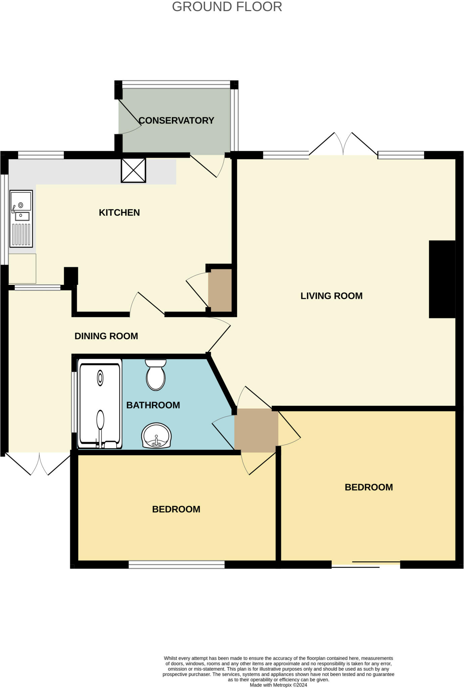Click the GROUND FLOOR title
227,7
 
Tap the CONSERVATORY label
176,121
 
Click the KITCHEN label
119,213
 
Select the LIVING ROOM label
331,296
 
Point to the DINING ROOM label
106,336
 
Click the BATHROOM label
153,405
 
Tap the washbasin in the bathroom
156,436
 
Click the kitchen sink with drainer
21,218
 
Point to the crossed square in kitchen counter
133,170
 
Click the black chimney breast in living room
442,279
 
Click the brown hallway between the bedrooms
256,430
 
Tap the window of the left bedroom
177,565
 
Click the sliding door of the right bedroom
366,564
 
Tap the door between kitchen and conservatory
206,166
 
